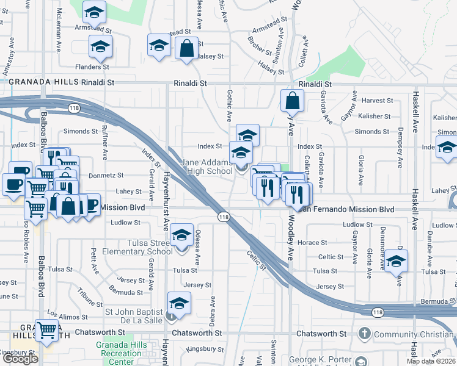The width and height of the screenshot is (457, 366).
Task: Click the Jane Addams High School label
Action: coord(207,167)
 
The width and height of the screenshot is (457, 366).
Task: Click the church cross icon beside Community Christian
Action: coord(365,333)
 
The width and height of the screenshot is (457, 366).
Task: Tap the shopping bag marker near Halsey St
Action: coord(186,48)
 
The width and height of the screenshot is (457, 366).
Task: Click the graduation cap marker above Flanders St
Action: coord(100,46)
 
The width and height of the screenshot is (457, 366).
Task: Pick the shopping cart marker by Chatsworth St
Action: coord(46,331)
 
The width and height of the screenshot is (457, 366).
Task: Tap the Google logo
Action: coord(20,359)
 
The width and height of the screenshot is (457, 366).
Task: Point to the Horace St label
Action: coord(325,243)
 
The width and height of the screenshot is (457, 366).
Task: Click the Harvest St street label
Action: coord(376,100)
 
